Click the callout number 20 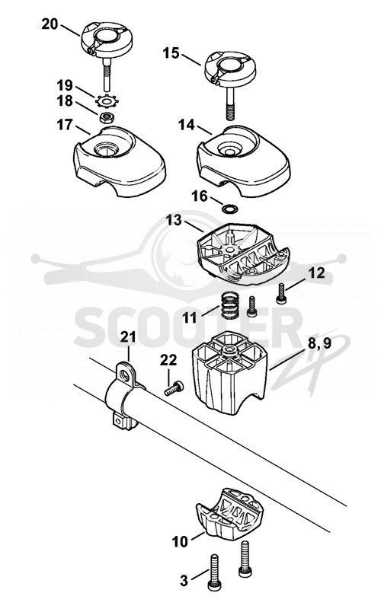click(x=50, y=24)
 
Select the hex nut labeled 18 click(x=106, y=116)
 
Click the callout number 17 click(x=65, y=125)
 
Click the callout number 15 click(x=171, y=53)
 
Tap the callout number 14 click(x=186, y=125)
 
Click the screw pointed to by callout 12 click(x=280, y=294)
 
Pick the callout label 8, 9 click(x=319, y=344)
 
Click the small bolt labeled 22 click(x=174, y=388)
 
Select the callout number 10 click(x=180, y=542)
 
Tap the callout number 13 click(x=174, y=220)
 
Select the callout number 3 click(x=184, y=581)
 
